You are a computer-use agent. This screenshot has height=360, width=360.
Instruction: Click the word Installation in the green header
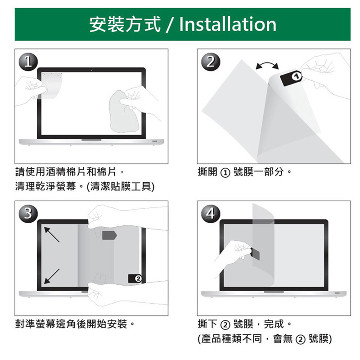[228, 24]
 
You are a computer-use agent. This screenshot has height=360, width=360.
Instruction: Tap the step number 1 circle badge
[28, 62]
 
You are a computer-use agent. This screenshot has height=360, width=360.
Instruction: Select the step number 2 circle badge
[211, 62]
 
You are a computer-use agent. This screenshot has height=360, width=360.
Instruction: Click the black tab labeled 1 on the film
[291, 78]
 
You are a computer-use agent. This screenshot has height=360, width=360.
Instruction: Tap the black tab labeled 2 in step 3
[135, 279]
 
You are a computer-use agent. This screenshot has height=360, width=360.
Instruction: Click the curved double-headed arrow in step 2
[267, 65]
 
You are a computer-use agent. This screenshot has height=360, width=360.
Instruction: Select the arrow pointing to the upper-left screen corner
[52, 234]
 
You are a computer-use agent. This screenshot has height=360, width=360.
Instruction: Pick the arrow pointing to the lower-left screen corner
[52, 276]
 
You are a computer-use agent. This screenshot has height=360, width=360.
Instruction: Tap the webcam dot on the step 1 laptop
[91, 70]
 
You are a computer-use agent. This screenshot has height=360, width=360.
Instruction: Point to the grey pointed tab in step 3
[109, 235]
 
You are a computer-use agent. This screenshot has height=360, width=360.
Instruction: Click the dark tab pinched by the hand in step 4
[255, 254]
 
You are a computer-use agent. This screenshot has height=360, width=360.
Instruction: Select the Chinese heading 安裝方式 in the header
[125, 24]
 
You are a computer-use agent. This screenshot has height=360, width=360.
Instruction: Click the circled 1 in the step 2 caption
[225, 173]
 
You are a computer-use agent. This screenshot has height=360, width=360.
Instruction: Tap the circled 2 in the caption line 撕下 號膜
[225, 325]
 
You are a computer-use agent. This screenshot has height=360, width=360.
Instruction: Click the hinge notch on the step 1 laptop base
[91, 140]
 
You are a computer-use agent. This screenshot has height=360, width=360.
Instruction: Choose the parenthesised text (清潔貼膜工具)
[120, 186]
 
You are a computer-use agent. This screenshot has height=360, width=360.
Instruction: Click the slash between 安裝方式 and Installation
[170, 25]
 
